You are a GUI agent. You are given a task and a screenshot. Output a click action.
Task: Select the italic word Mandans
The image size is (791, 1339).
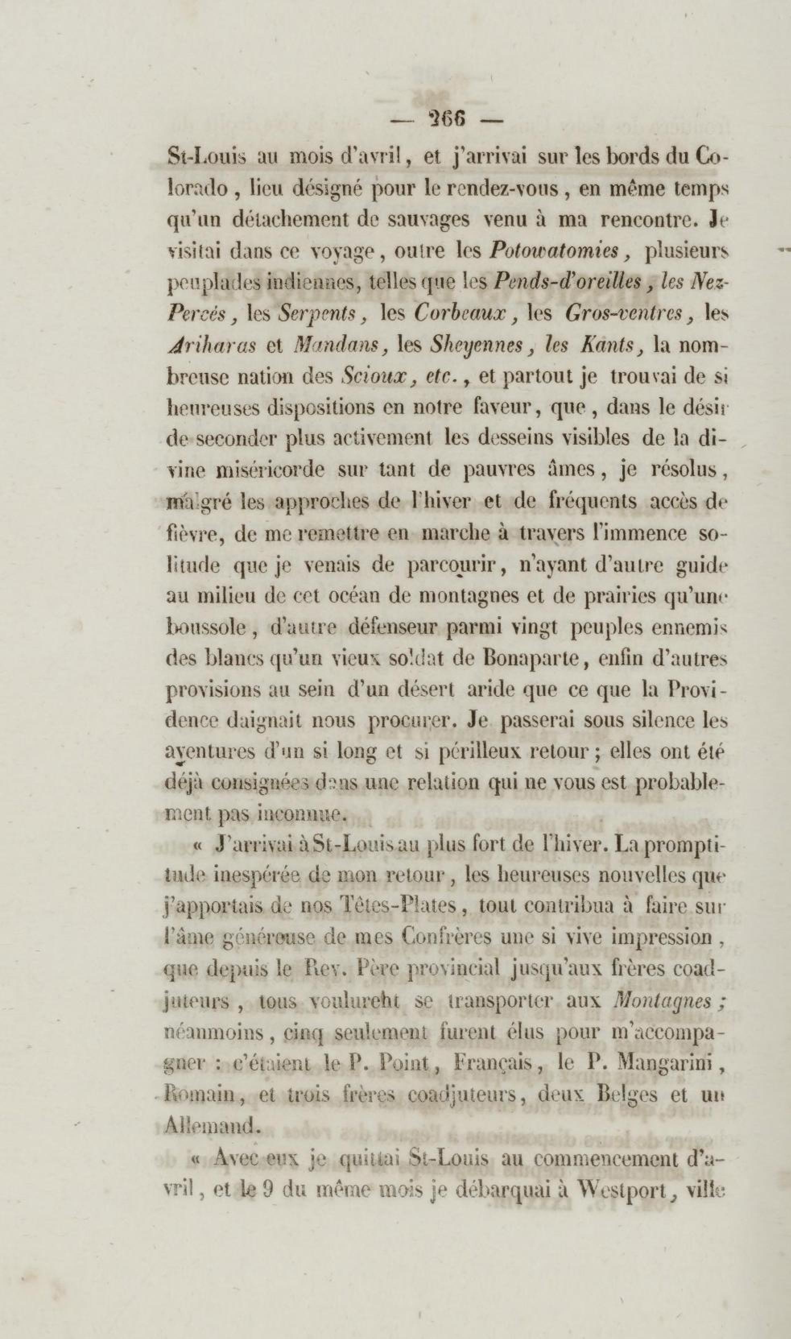337,346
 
